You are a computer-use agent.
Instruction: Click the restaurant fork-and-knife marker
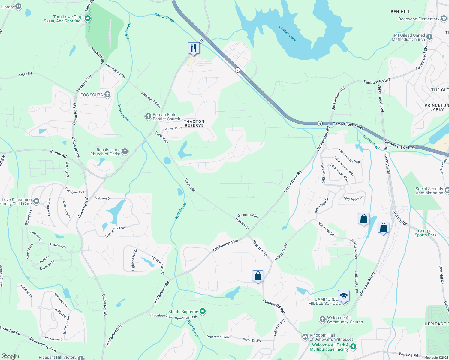(194, 48)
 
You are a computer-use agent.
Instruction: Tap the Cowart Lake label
(287, 33)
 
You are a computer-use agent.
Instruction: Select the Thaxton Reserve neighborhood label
(194, 123)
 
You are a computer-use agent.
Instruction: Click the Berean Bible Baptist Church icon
(148, 116)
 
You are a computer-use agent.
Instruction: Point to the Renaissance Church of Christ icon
(125, 151)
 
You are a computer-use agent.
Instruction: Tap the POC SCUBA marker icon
(107, 94)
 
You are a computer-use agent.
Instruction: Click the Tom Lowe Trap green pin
(88, 19)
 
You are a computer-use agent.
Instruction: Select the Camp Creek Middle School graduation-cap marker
(344, 296)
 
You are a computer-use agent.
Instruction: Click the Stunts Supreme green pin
(203, 311)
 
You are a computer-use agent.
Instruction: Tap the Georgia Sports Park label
(425, 233)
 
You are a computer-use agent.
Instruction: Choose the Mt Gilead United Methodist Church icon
(429, 37)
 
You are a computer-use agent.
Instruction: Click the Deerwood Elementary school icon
(444, 19)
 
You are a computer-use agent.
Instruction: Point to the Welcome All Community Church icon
(323, 319)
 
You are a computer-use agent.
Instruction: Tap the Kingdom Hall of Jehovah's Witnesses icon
(305, 337)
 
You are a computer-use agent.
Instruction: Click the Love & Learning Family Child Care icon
(36, 201)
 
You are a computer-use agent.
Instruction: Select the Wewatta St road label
(173, 128)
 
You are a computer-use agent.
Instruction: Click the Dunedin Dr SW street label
(248, 215)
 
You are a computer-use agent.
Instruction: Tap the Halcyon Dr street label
(103, 198)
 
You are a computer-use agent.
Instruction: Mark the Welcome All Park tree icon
(354, 347)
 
